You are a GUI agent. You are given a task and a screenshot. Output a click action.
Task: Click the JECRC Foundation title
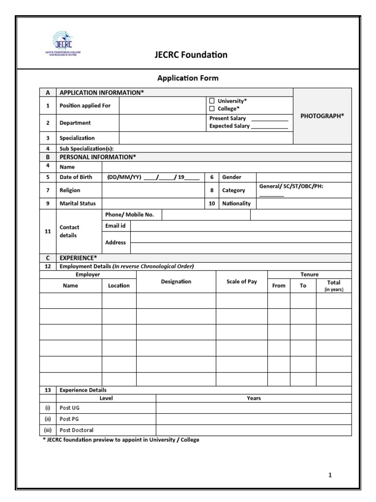click(x=190, y=54)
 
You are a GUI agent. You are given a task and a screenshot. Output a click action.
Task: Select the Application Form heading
click(x=188, y=78)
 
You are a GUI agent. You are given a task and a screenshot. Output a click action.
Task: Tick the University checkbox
click(x=212, y=101)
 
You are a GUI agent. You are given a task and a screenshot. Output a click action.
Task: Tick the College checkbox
click(x=212, y=109)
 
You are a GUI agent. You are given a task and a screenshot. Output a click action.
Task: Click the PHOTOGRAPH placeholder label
click(x=322, y=116)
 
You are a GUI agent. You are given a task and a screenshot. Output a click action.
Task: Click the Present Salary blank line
click(x=269, y=119)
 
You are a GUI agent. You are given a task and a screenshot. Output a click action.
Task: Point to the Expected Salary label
click(x=229, y=126)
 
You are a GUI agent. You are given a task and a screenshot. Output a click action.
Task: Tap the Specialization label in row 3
click(x=77, y=138)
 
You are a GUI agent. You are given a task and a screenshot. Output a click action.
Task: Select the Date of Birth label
click(x=75, y=177)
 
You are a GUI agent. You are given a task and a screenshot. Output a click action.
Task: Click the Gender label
click(x=232, y=177)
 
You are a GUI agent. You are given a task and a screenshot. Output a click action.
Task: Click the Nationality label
click(x=236, y=203)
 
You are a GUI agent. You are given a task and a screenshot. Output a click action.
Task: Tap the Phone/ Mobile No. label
click(x=129, y=215)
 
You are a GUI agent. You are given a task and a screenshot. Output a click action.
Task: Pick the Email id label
click(x=116, y=226)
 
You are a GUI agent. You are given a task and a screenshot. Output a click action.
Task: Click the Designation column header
click(x=176, y=282)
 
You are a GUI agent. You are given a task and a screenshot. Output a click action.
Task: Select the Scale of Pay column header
click(x=241, y=282)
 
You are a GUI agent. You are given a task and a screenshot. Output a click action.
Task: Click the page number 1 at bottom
click(x=330, y=475)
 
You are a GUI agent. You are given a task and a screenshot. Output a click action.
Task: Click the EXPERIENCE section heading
click(x=78, y=257)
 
